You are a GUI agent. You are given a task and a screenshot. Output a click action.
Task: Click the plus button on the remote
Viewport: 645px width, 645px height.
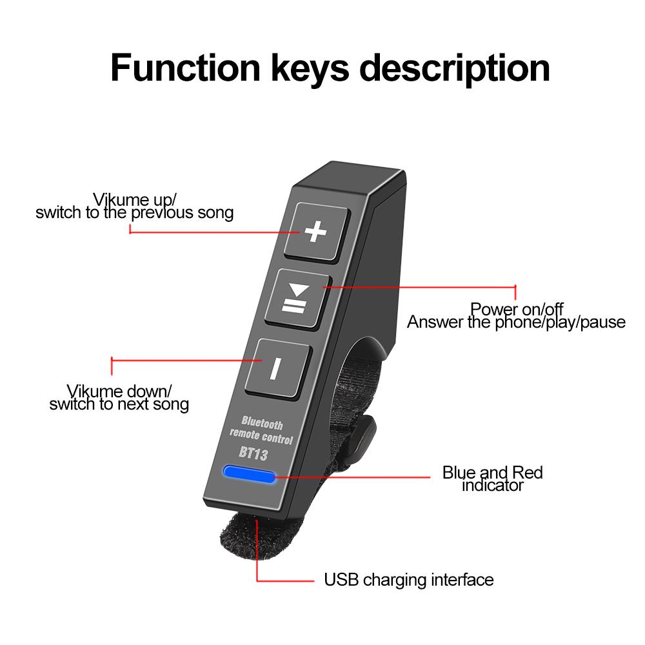pos(315,232)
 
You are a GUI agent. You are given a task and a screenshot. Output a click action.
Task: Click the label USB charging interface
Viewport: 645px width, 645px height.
pos(408,580)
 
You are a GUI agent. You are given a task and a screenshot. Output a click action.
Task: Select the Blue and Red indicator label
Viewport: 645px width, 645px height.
pos(493,479)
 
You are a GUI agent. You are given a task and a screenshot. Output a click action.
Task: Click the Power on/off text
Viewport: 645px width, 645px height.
pos(516,309)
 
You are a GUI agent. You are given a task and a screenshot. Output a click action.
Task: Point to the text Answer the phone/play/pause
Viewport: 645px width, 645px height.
pos(516,322)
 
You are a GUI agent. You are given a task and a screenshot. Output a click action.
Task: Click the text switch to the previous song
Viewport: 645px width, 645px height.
pos(134,212)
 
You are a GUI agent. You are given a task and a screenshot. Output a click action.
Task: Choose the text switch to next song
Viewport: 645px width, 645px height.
pos(119,404)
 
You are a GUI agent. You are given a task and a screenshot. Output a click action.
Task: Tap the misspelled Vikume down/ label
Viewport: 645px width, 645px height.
pos(119,391)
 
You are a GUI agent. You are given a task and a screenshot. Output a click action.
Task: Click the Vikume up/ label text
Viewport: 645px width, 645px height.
pos(134,199)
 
